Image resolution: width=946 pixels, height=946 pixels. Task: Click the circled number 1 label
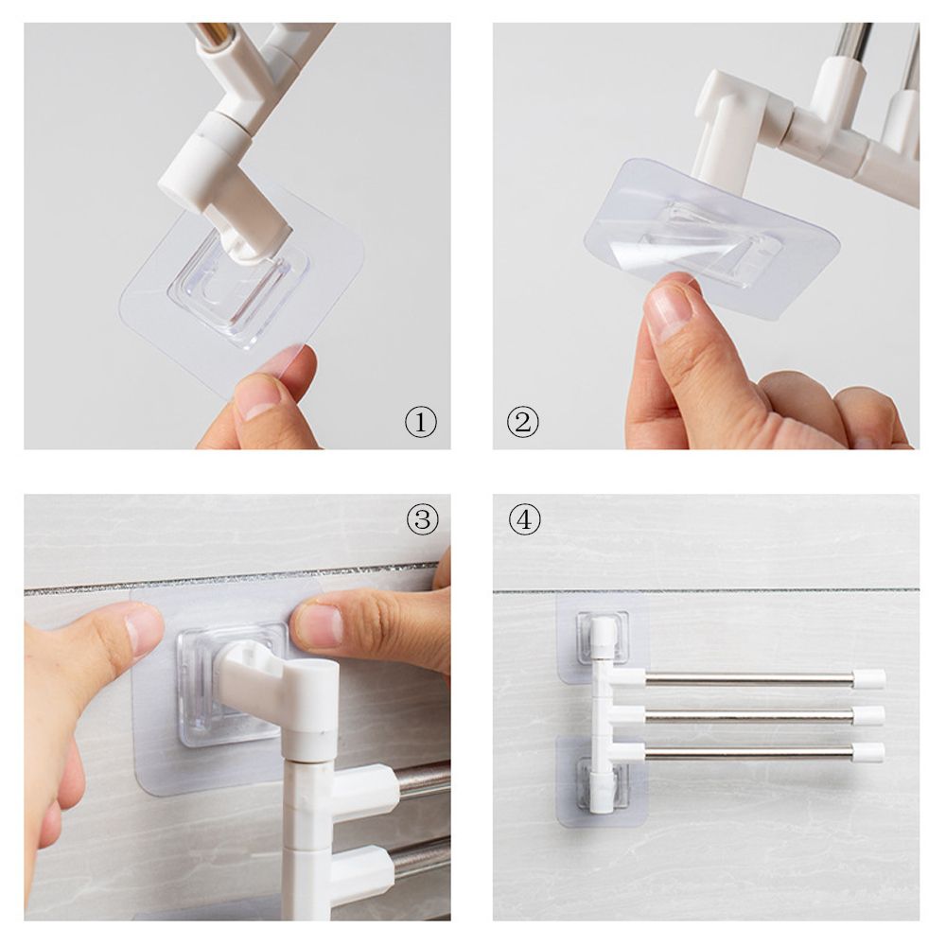(x=421, y=422)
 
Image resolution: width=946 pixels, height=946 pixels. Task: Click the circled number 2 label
(x=522, y=422)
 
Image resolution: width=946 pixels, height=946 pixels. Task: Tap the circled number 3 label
(x=422, y=518)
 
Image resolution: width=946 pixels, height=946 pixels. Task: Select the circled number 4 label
(x=524, y=518)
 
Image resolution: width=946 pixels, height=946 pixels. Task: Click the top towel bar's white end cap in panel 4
(x=868, y=678)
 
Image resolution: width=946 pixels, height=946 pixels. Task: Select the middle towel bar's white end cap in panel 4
(x=868, y=715)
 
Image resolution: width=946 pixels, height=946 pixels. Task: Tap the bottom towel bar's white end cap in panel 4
(x=868, y=753)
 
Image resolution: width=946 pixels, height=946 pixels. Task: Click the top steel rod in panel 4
(x=747, y=678)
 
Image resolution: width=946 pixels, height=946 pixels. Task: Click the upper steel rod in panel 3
(x=424, y=780)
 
